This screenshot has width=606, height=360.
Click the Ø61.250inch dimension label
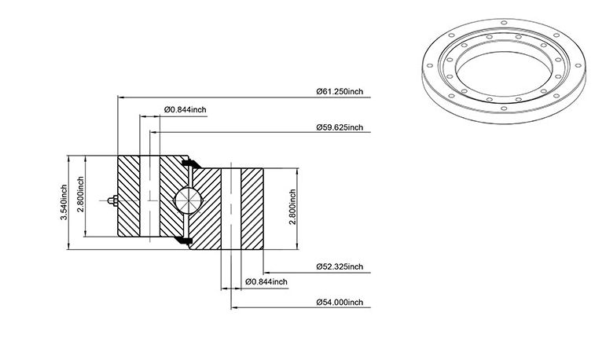click(340, 92)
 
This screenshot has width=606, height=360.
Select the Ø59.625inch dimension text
click(340, 127)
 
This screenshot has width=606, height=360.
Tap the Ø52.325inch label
click(340, 266)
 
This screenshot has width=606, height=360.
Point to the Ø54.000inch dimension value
click(340, 303)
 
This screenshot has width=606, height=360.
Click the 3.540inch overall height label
click(64, 202)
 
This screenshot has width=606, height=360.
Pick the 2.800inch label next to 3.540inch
click(80, 194)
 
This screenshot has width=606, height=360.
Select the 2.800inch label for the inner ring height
click(292, 207)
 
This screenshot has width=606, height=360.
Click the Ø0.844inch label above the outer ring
click(185, 110)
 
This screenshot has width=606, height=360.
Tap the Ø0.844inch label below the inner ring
click(266, 282)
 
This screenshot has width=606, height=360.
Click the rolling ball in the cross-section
click(188, 200)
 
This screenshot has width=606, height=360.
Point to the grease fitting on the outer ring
click(113, 200)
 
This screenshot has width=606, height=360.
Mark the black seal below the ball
click(183, 240)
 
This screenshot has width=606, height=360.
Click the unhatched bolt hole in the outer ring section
click(149, 196)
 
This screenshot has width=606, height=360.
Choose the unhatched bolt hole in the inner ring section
click(231, 209)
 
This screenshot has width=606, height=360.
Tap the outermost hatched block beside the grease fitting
click(129, 196)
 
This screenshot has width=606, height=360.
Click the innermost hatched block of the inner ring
click(252, 209)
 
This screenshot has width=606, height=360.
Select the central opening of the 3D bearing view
click(504, 73)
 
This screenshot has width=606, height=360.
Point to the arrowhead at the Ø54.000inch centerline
click(234, 308)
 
